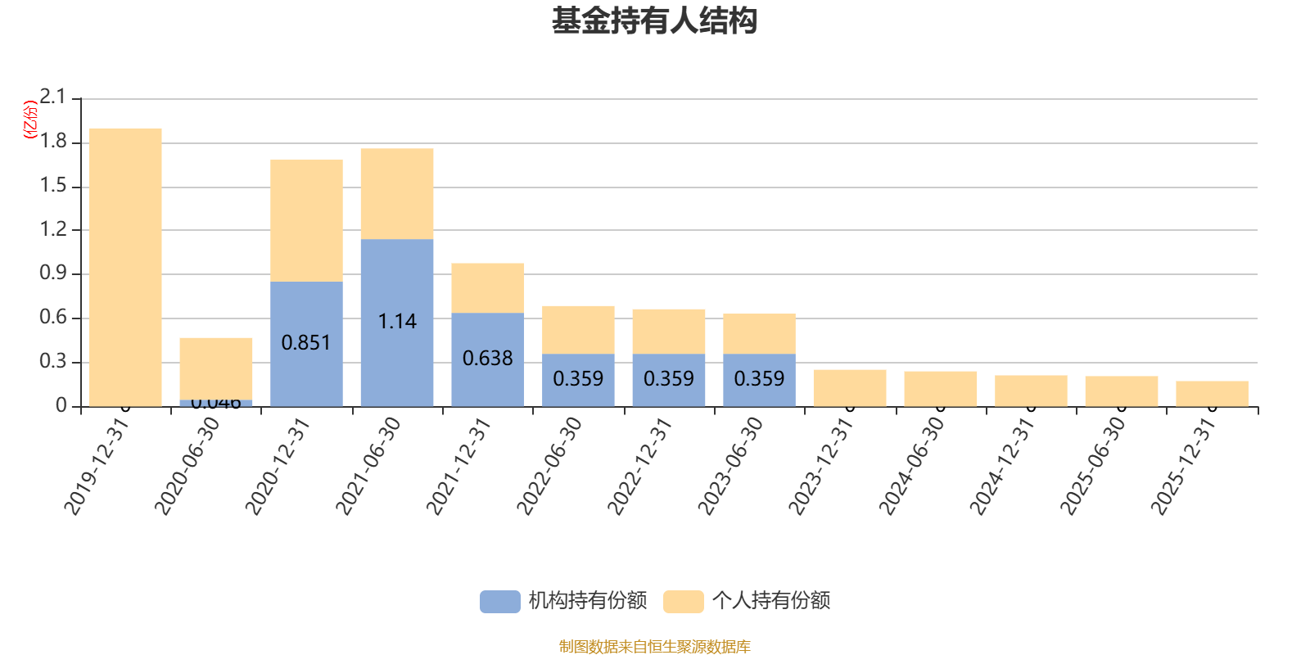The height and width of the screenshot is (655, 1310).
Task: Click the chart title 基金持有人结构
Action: pyautogui.click(x=654, y=21)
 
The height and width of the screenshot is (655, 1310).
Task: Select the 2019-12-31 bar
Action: pyautogui.click(x=125, y=267)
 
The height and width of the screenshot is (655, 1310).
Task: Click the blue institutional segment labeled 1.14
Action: pyautogui.click(x=397, y=322)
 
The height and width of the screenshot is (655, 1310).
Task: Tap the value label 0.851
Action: pyautogui.click(x=306, y=343)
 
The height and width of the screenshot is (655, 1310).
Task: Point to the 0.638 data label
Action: pyautogui.click(x=487, y=359)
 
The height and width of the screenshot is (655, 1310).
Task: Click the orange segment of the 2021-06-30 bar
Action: pyautogui.click(x=397, y=194)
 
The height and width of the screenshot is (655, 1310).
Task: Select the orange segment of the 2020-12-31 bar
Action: pyautogui.click(x=306, y=220)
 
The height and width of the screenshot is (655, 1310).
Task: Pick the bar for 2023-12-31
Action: pyautogui.click(x=850, y=388)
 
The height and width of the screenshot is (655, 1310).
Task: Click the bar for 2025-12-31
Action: pyautogui.click(x=1212, y=394)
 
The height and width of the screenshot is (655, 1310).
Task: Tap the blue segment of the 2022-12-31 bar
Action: pyautogui.click(x=669, y=379)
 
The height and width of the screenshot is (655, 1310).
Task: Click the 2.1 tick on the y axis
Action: pyautogui.click(x=53, y=97)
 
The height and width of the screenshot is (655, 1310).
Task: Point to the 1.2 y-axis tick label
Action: pyautogui.click(x=53, y=229)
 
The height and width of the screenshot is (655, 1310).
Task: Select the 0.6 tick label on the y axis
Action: pyautogui.click(x=53, y=318)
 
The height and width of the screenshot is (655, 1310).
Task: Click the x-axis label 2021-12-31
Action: pyautogui.click(x=459, y=466)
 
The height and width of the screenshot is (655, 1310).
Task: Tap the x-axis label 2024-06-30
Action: pyautogui.click(x=912, y=466)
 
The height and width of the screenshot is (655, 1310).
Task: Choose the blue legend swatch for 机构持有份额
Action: pyautogui.click(x=499, y=601)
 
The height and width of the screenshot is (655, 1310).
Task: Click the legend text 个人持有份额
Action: pyautogui.click(x=771, y=601)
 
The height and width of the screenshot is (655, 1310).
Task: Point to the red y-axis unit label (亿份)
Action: pyautogui.click(x=30, y=120)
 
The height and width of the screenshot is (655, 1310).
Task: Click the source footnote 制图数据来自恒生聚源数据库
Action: pyautogui.click(x=654, y=647)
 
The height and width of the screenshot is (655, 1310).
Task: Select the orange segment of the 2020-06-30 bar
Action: pyautogui.click(x=216, y=368)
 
